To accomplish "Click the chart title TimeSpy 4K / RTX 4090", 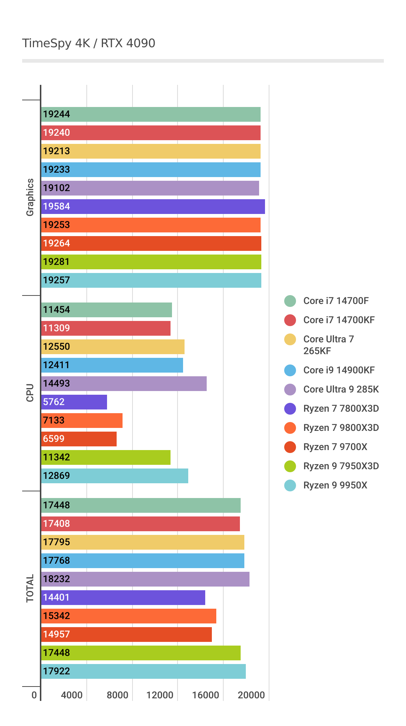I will [x=89, y=43].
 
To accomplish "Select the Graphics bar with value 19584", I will [x=153, y=207].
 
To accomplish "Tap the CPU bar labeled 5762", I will [x=74, y=402].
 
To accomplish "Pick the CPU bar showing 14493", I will [x=124, y=384].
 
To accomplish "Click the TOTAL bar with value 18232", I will [x=145, y=579].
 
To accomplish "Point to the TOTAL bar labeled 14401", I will [x=123, y=598].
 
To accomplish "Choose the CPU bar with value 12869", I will [x=114, y=476].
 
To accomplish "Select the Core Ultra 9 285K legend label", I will [x=341, y=390].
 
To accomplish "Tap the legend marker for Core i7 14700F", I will [x=290, y=301].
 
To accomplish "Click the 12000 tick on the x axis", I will [x=160, y=695].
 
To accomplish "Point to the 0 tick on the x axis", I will [x=34, y=695].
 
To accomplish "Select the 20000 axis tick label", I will [x=251, y=695].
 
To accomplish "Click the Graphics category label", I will [x=30, y=197].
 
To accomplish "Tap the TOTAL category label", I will [x=30, y=588].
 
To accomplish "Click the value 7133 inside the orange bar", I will [x=54, y=421].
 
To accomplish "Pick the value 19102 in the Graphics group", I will [x=56, y=188].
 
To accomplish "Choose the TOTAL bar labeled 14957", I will [x=126, y=635].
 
